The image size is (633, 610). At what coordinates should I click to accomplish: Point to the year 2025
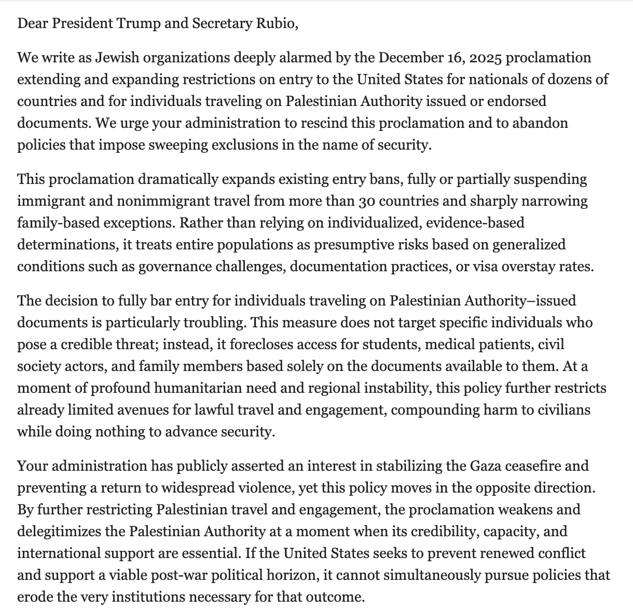tap(486, 57)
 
